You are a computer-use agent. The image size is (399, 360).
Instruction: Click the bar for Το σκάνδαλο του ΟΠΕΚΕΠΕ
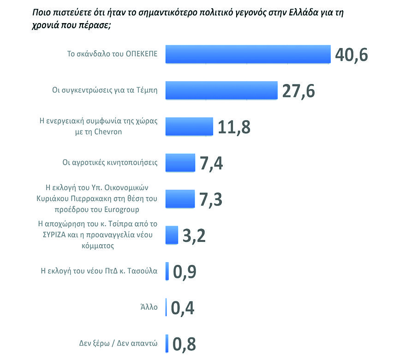click(x=248, y=54)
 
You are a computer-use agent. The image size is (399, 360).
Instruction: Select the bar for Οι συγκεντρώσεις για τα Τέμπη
click(x=221, y=90)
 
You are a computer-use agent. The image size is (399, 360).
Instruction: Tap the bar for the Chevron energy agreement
click(x=189, y=126)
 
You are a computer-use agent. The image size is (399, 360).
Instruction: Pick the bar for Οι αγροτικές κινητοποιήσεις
click(x=180, y=162)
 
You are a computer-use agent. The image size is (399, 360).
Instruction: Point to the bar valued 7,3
click(x=180, y=198)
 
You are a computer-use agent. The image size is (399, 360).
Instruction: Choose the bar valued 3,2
click(x=171, y=234)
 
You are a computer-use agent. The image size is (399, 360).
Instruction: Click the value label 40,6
click(x=351, y=54)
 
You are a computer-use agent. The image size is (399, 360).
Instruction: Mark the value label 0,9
click(x=185, y=271)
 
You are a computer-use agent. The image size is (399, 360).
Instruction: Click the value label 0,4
click(x=183, y=307)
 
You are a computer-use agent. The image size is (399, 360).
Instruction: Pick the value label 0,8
click(x=185, y=343)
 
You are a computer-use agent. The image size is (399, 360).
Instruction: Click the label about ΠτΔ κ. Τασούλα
click(x=100, y=271)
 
